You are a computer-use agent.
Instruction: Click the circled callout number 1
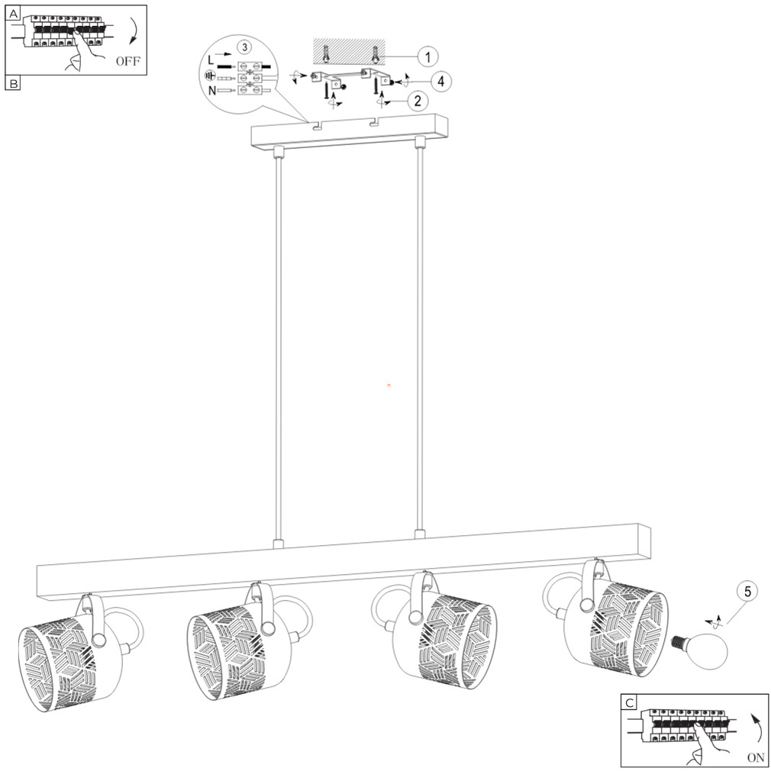point(427,57)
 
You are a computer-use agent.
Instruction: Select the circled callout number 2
point(418,102)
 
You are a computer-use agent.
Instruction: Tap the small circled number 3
point(244,47)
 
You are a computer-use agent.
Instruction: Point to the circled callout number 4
point(441,81)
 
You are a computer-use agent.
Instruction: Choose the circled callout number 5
point(747,592)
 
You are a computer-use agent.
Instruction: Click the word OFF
point(127,62)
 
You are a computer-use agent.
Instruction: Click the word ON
point(756,758)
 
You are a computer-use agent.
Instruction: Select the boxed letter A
point(13,14)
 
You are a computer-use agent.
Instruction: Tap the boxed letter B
point(13,83)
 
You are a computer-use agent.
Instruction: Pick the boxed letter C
point(629,702)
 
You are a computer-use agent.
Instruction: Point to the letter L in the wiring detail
point(211,60)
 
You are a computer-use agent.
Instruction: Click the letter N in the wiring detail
point(212,91)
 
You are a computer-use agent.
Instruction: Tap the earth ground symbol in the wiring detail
point(209,76)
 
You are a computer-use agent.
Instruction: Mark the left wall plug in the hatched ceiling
point(325,54)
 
